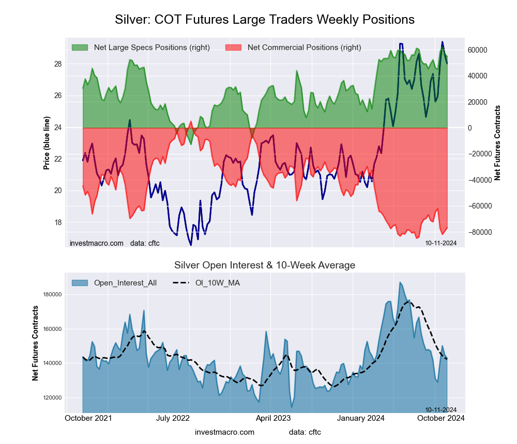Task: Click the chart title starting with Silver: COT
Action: [x=264, y=20]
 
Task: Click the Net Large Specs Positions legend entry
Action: [x=151, y=47]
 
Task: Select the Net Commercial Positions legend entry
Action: [x=304, y=47]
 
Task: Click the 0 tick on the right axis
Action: [x=472, y=128]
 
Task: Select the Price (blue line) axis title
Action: [x=47, y=144]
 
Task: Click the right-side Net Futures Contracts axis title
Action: [x=497, y=142]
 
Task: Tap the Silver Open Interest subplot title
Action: [x=265, y=265]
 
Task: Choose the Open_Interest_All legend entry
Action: [x=125, y=283]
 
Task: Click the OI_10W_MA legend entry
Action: [x=217, y=283]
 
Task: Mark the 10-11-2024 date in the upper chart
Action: [x=440, y=243]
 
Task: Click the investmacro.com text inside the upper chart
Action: [x=97, y=243]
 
